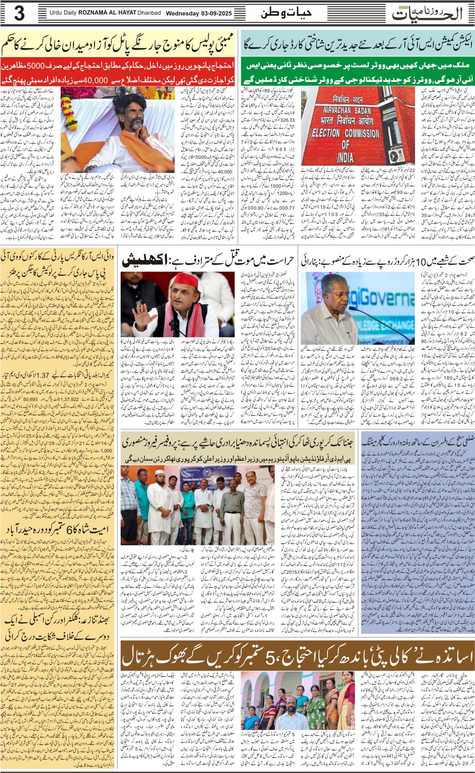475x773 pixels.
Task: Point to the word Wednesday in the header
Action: pos(183,13)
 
